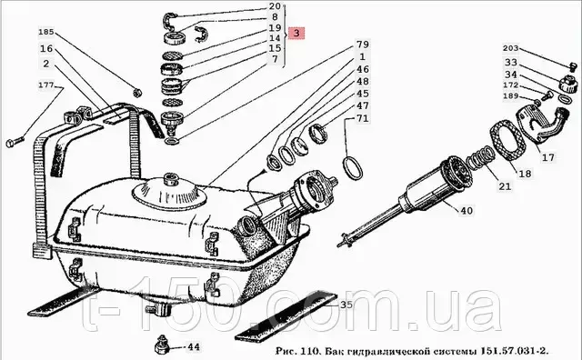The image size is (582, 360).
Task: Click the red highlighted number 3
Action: (296, 33)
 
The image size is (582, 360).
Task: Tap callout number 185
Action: (46, 32)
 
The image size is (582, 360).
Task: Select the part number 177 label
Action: (46, 85)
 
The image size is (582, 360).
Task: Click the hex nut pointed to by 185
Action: (136, 93)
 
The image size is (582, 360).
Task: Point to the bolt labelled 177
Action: (15, 142)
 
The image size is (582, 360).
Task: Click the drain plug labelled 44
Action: (162, 345)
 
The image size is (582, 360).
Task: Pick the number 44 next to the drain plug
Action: (194, 347)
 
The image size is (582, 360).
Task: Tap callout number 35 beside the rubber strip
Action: (346, 305)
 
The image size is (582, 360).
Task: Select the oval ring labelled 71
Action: (353, 169)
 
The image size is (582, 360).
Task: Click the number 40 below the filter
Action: (467, 211)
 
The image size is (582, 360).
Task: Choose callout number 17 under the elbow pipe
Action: (547, 157)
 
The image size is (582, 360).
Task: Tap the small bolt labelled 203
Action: (573, 66)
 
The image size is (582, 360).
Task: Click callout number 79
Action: (363, 45)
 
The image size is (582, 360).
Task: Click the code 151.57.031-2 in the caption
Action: (515, 350)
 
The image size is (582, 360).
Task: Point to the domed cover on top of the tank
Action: (170, 192)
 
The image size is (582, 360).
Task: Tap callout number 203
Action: (511, 48)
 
